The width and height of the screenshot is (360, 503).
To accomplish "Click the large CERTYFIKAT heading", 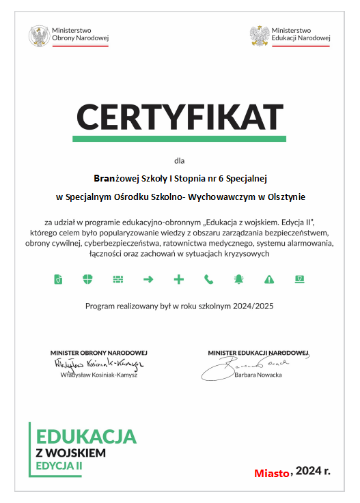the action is coord(179,116).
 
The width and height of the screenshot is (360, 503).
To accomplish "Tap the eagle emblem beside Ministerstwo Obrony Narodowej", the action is coord(38,35).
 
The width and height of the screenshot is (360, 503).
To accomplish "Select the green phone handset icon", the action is coord(208,279).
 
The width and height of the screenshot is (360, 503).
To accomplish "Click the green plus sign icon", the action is coord(178,279).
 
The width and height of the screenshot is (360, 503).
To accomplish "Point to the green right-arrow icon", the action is coord(148,279).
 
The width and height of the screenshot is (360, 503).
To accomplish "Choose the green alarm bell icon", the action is coord(238,279).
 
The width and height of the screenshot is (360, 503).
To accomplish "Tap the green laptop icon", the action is coord(299,279).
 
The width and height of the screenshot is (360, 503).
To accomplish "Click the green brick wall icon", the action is coord(118,279).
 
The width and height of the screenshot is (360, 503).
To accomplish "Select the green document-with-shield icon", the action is coord(58,279).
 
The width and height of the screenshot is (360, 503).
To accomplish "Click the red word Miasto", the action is coord(272,472).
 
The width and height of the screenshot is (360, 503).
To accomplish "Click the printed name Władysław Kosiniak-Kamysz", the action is coord(98,375).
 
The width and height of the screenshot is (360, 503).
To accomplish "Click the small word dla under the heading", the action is coord(180,162).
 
